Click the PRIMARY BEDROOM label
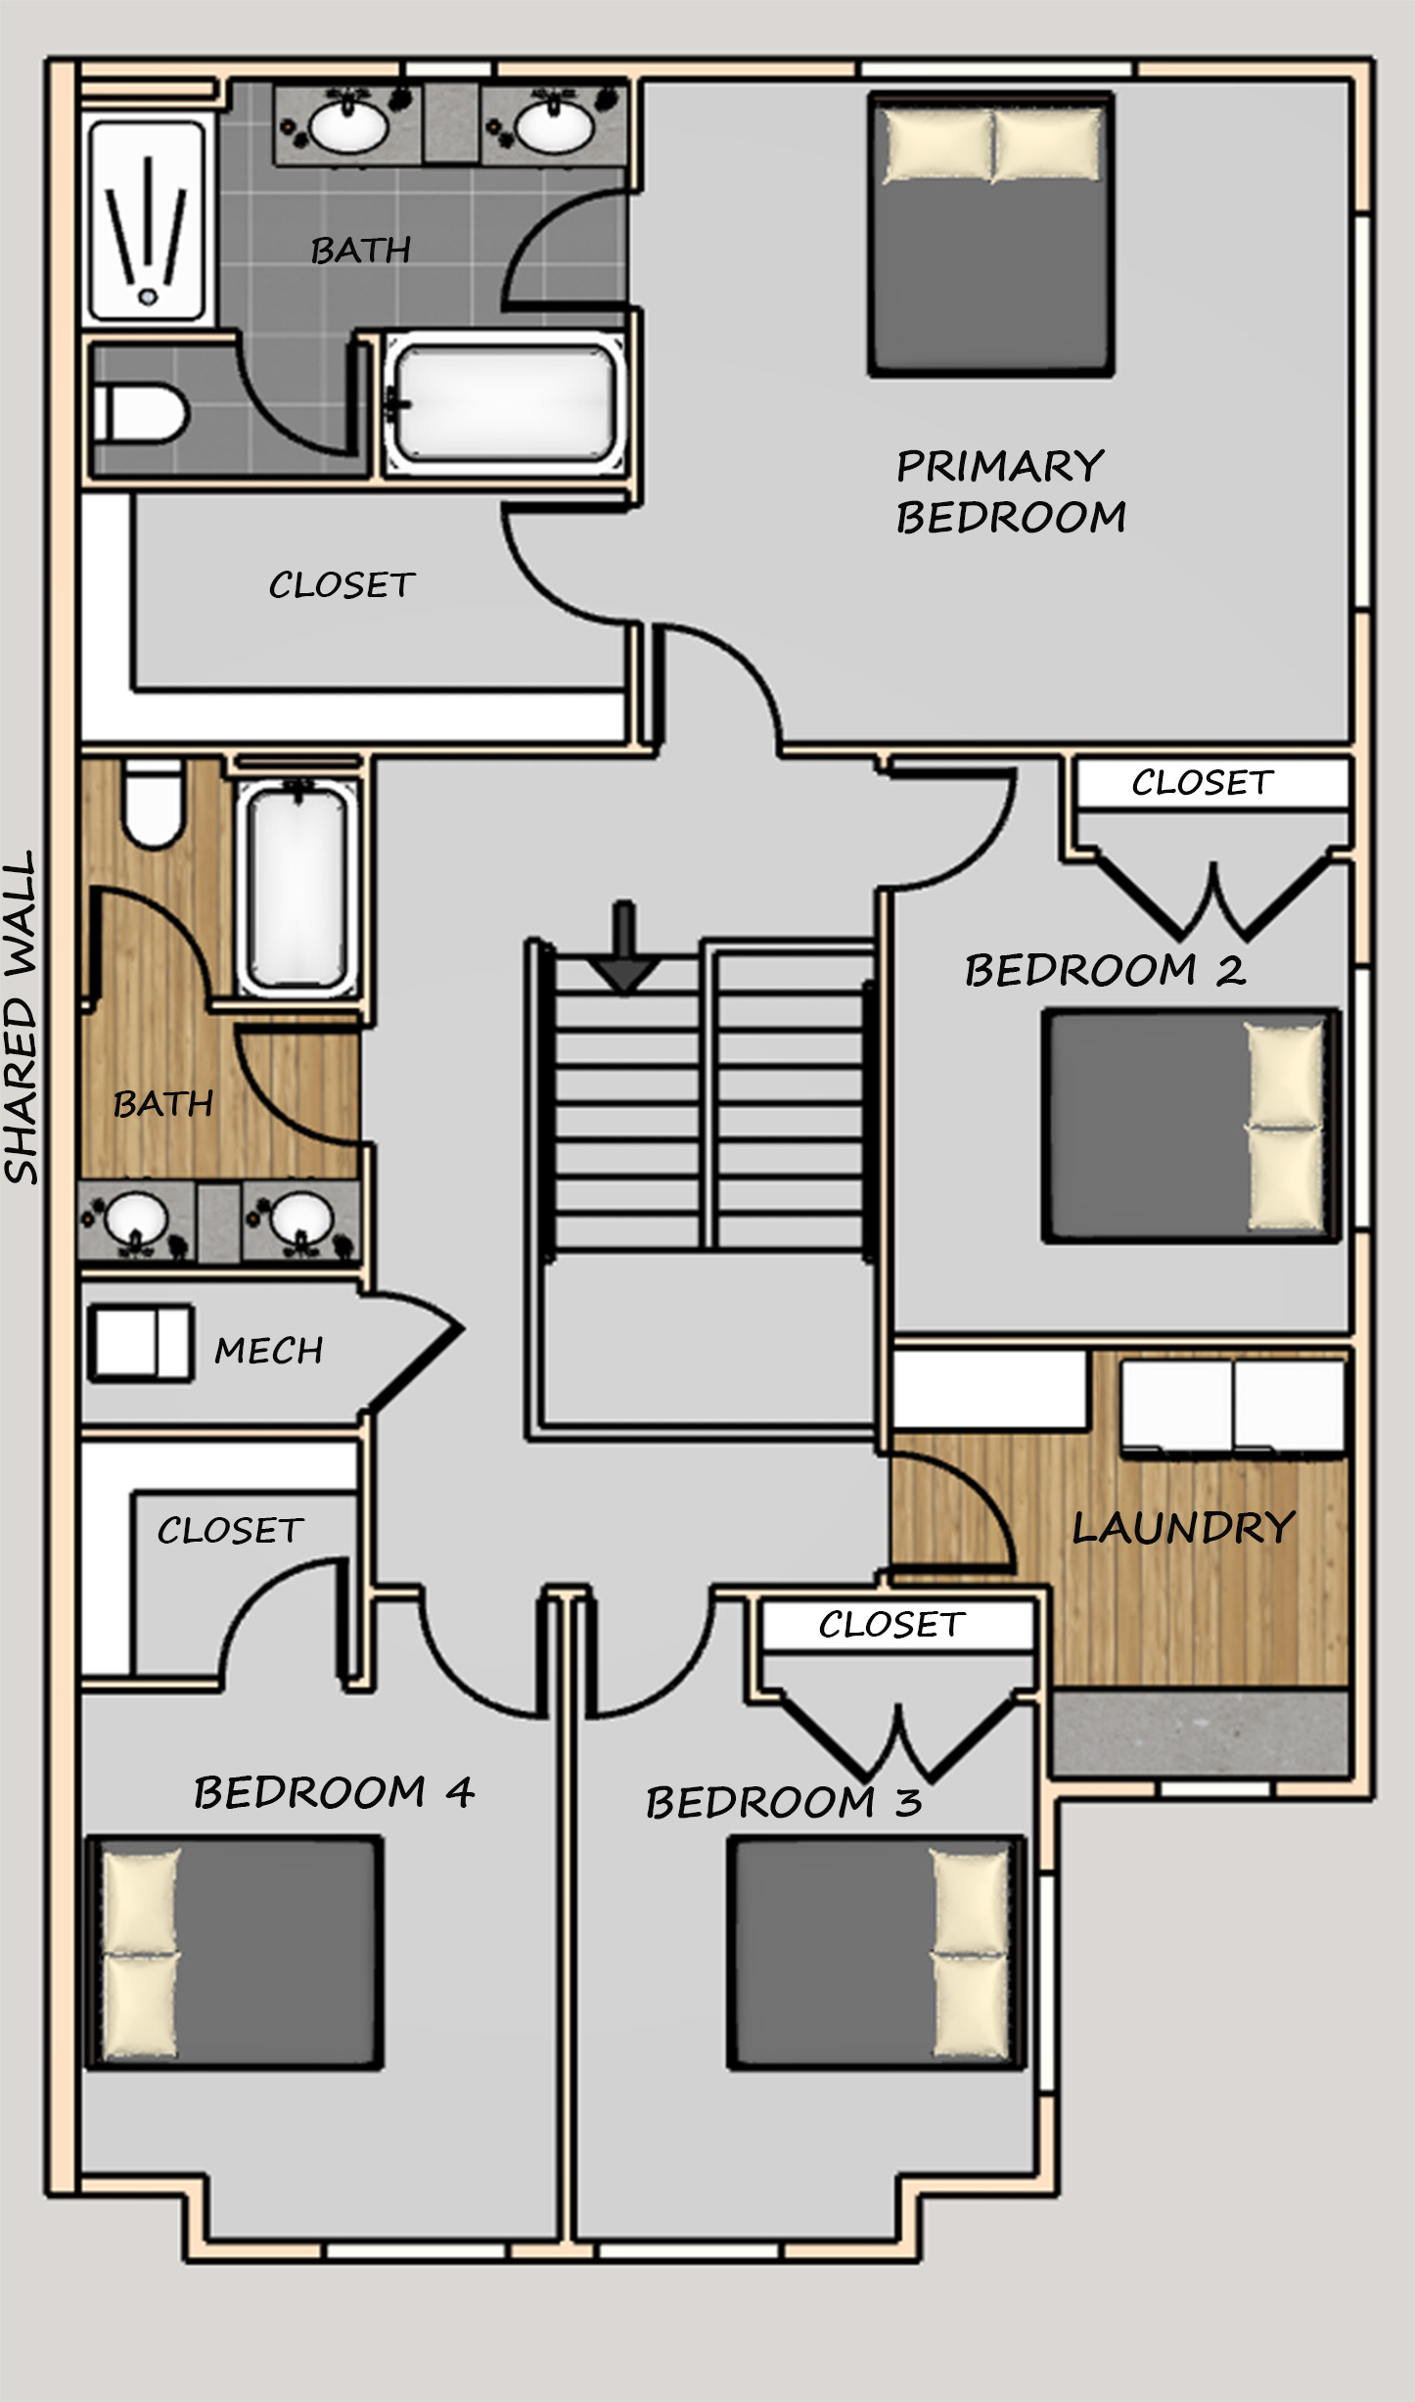click(1011, 491)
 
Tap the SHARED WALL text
click(22, 1017)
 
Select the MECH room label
click(269, 1351)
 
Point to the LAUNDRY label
click(1184, 1528)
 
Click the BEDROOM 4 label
click(334, 1793)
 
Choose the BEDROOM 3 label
click(784, 1803)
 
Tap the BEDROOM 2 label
click(1105, 970)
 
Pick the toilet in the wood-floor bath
click(153, 805)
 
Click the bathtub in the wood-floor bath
click(297, 888)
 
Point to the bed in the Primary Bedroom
click(991, 235)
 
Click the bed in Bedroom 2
click(1190, 1127)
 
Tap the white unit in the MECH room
click(142, 1343)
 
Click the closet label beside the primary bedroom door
click(342, 585)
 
